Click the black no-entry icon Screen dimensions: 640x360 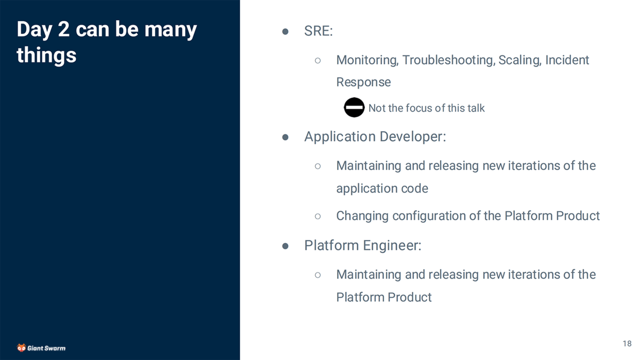(354, 107)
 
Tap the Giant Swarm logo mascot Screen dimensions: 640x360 (21, 348)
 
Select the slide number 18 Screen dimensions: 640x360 (627, 343)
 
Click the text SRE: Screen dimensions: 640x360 (318, 30)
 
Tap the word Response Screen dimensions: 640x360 (363, 82)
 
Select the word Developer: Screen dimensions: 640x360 (413, 137)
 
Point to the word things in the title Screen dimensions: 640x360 (46, 55)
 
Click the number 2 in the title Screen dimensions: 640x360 (63, 29)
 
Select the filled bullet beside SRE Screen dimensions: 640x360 (285, 31)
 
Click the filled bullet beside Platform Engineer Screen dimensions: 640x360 (285, 246)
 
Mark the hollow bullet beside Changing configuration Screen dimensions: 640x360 (318, 217)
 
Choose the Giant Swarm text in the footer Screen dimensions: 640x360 (46, 348)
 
